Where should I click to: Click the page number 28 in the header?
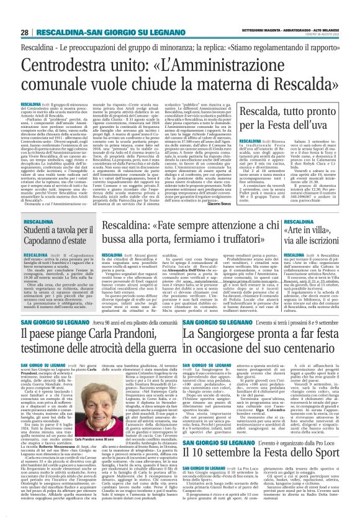(24, 32)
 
